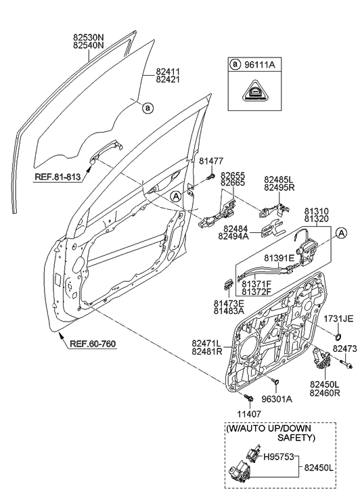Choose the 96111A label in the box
coord(261,65)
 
